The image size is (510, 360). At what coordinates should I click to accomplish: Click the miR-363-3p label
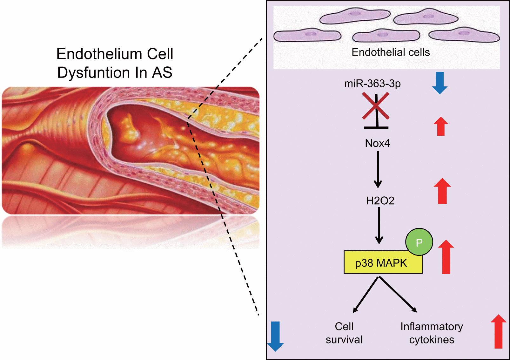point(372,84)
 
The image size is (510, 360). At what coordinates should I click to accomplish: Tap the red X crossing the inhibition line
point(376,106)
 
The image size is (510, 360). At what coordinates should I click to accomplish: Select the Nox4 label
point(377,143)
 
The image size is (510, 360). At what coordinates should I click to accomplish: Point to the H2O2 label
point(380,201)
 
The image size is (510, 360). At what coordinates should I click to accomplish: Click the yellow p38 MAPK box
point(381,263)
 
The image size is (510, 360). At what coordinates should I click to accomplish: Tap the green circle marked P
point(419,242)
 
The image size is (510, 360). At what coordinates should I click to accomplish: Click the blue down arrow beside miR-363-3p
point(440,83)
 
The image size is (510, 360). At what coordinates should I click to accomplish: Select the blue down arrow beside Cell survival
point(275,336)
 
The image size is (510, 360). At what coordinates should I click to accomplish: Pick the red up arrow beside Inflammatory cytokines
point(498,331)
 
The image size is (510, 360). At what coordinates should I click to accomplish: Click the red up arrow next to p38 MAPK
point(446,257)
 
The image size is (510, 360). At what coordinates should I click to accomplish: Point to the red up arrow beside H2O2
point(442,191)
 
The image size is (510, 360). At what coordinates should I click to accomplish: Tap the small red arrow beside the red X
point(441,126)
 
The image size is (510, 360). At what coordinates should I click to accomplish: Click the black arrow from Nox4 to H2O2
point(378,170)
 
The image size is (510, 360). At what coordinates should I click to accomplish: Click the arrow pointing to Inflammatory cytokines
point(398,294)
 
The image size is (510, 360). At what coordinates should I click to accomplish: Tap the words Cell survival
point(344,333)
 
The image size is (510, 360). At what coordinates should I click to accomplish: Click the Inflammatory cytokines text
point(432,333)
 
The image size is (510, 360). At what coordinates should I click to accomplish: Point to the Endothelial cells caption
point(391,52)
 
